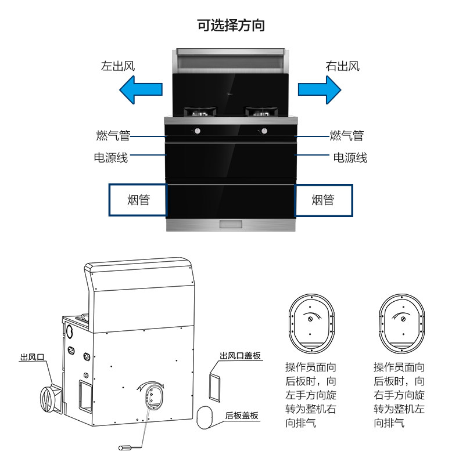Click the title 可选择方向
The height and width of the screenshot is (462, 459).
click(231, 26)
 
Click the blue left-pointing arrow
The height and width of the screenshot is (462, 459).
click(140, 90)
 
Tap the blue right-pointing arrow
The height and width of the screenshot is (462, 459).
click(319, 90)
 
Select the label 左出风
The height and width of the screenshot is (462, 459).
click(119, 66)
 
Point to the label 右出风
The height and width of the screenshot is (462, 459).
click(342, 66)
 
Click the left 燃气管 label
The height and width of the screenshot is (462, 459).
click(113, 136)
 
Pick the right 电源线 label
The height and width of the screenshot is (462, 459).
click(350, 157)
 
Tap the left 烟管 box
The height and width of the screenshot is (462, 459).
click(138, 201)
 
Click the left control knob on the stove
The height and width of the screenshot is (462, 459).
click(197, 131)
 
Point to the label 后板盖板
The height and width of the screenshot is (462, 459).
click(242, 416)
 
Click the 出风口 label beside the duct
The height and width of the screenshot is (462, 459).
click(33, 358)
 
